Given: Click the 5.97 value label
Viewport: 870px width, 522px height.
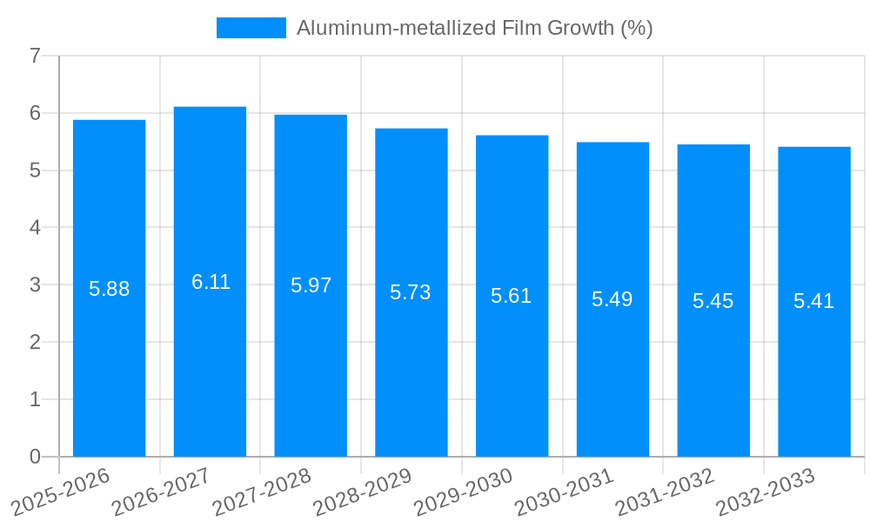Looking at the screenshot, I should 311,285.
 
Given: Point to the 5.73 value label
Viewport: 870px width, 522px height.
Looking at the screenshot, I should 411,292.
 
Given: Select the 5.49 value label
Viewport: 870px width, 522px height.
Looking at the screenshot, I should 612,299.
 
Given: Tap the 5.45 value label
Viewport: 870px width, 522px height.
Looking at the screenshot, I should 713,301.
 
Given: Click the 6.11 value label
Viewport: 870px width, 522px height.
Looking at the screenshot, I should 211,282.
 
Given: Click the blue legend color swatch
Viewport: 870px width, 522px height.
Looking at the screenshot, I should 251,28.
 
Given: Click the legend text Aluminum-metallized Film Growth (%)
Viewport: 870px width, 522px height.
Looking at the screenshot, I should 474,28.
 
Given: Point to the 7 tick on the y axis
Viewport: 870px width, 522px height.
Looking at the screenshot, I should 35,56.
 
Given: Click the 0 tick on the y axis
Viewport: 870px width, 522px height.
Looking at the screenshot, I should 35,457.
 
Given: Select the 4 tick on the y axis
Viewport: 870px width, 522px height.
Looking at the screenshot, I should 35,228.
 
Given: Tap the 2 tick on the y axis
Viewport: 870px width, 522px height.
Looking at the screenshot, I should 35,342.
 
